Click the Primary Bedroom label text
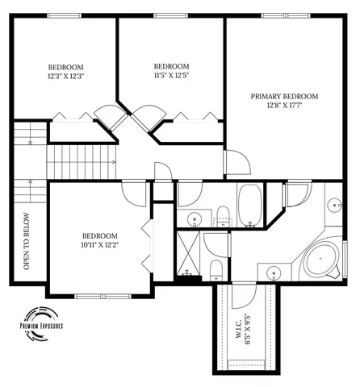pyautogui.click(x=284, y=96)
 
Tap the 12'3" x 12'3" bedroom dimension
pyautogui.click(x=66, y=77)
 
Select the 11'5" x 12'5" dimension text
pyautogui.click(x=171, y=76)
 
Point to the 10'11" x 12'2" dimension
pyautogui.click(x=99, y=245)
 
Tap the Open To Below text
pyautogui.click(x=27, y=242)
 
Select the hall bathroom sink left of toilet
pyautogui.click(x=195, y=218)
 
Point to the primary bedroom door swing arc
pyautogui.click(x=238, y=164)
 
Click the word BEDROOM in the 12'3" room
pyautogui.click(x=66, y=67)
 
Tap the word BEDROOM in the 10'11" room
pyautogui.click(x=99, y=235)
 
